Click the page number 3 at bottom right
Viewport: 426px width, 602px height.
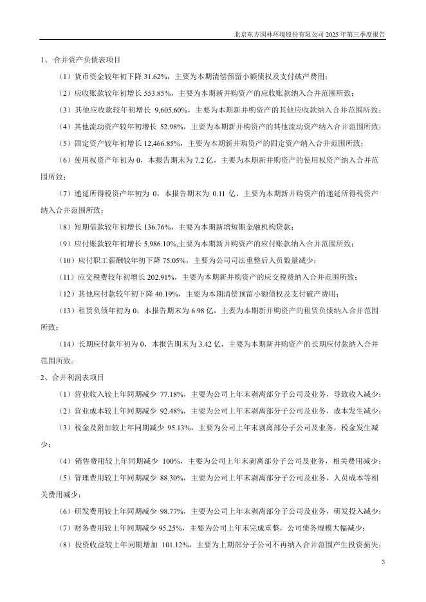pos(383,563)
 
